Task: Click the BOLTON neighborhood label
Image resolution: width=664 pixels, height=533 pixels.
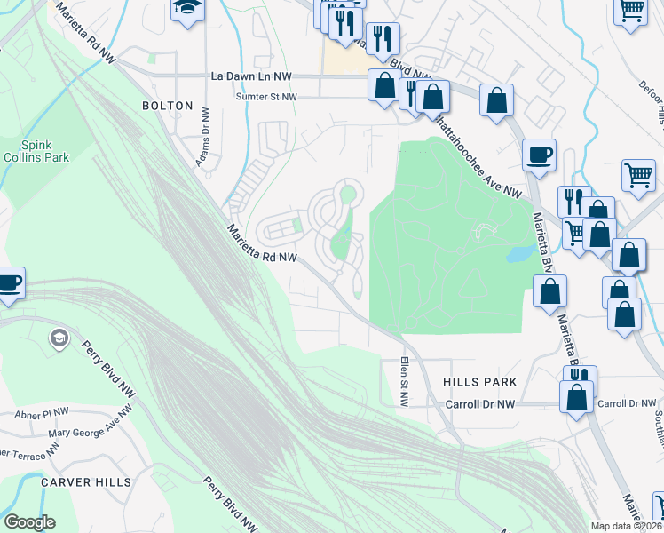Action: click(x=167, y=106)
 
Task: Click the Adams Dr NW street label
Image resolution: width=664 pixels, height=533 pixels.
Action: click(x=202, y=136)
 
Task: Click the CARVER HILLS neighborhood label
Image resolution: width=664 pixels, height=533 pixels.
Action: click(x=86, y=482)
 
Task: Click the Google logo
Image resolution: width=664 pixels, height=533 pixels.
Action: click(x=29, y=522)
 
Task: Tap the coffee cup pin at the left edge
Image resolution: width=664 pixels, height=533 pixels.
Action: click(x=9, y=283)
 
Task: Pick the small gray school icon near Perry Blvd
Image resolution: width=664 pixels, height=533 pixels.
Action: click(x=59, y=338)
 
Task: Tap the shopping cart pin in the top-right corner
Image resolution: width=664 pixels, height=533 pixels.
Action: click(x=631, y=11)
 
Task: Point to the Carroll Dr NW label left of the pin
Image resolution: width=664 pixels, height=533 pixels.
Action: click(x=480, y=404)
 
